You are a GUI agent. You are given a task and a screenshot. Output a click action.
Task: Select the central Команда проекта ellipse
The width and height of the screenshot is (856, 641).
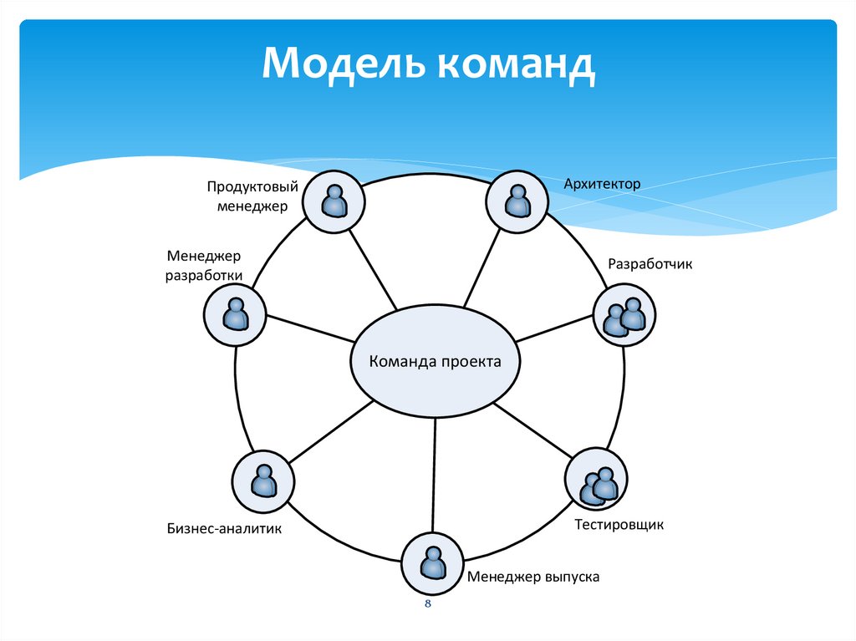click(x=436, y=362)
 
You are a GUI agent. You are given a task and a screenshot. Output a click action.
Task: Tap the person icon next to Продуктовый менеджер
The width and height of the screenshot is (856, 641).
click(x=333, y=201)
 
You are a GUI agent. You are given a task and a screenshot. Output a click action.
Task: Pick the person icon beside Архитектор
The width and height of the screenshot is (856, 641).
click(x=518, y=201)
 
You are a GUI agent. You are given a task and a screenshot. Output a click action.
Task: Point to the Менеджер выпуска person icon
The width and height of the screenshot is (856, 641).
click(x=433, y=562)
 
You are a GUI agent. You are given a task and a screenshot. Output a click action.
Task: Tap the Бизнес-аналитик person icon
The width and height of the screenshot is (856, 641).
click(x=263, y=481)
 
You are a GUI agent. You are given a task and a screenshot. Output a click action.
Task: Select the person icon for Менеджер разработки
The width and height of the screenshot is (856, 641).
click(x=235, y=315)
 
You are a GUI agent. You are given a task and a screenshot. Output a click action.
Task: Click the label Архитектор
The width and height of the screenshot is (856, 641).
click(x=601, y=183)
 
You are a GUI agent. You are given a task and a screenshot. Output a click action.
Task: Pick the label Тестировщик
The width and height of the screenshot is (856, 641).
click(x=619, y=525)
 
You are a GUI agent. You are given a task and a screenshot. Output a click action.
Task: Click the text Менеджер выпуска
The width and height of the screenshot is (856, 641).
click(x=533, y=577)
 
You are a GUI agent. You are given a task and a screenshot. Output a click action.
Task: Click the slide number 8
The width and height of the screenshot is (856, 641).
click(x=427, y=603)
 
